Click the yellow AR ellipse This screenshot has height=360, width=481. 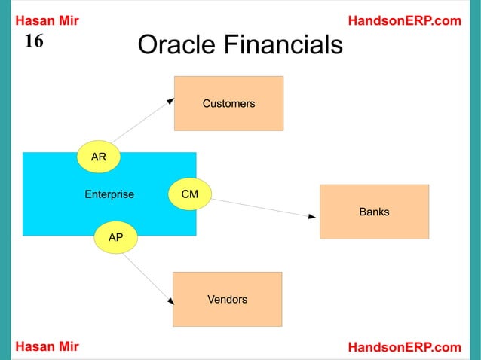coord(99,157)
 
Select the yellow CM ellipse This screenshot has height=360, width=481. coord(190,194)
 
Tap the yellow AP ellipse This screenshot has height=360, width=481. coord(115,237)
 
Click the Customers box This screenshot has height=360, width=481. coord(228,103)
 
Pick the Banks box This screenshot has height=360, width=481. coord(374,212)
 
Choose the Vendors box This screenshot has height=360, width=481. coord(227,299)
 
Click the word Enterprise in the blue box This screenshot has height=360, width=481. coord(109,194)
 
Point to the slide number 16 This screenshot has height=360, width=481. coord(34,41)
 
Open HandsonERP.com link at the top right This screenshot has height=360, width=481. coord(405,20)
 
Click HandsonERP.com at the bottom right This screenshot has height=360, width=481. coord(405,346)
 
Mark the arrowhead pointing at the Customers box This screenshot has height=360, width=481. coord(171,99)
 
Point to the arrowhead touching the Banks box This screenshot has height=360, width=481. coord(312,217)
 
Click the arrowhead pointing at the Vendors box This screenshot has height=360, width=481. coord(170,301)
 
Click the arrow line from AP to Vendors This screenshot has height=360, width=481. coord(146,276)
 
